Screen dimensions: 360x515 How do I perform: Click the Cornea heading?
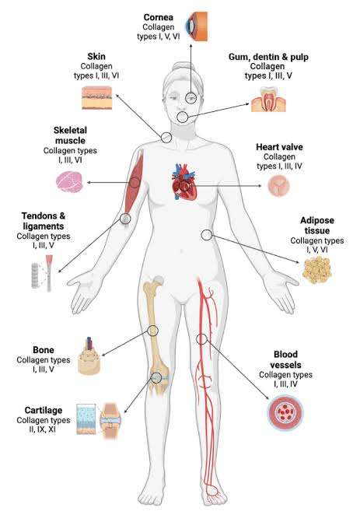[x=158, y=17]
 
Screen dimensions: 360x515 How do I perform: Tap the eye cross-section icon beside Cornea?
[x=197, y=26]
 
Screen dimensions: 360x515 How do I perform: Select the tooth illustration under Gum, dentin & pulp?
[x=268, y=100]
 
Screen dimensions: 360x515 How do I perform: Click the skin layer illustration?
[x=97, y=97]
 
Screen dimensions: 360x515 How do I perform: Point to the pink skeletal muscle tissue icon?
[x=69, y=182]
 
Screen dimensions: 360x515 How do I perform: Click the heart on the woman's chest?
[x=184, y=181]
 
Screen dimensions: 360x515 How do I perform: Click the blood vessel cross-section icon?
[x=285, y=412]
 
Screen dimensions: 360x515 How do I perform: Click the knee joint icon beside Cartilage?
[x=110, y=421]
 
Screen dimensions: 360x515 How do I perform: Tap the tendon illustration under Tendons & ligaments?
[x=49, y=273]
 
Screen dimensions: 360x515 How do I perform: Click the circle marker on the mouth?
[x=183, y=117]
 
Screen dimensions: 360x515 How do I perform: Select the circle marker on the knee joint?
[x=156, y=377]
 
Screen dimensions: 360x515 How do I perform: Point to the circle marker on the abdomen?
[x=207, y=235]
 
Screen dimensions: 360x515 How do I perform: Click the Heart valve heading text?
[x=279, y=147]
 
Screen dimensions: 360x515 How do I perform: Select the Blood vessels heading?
[x=285, y=359]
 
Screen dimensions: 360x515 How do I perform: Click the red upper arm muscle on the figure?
[x=133, y=184]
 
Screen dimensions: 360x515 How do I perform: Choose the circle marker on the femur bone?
[x=152, y=330]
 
